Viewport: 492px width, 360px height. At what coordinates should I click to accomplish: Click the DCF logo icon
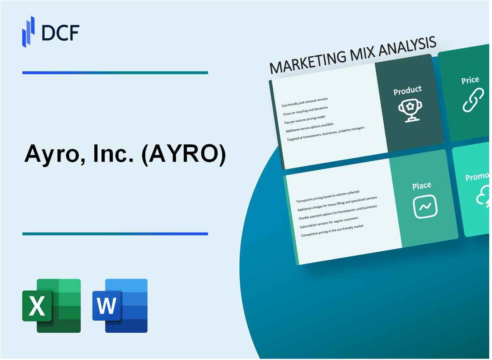pos(29,31)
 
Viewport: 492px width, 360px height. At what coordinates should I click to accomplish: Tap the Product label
pos(407,90)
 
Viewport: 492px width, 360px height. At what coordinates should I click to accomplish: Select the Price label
pos(470,80)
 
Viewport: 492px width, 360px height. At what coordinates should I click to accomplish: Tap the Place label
pos(422,185)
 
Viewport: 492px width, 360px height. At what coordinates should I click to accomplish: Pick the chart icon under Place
pos(425,207)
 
